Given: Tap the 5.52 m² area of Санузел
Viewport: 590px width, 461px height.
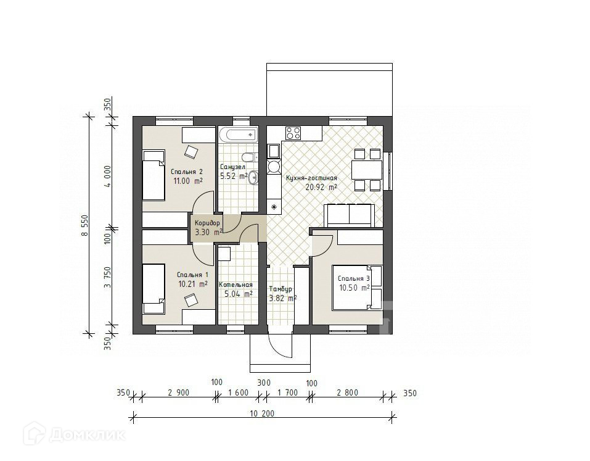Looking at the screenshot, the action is (234, 176).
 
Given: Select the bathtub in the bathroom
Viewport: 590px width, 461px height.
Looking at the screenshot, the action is (238, 135).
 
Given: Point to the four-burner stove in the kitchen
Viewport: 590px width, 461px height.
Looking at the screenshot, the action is (293, 133).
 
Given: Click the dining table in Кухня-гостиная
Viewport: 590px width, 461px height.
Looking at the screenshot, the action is (367, 170).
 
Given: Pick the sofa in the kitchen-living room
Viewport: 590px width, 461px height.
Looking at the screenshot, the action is (350, 215).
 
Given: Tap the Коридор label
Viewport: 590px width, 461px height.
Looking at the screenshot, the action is (207, 223).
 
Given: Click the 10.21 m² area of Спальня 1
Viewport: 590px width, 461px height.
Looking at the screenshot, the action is (192, 284).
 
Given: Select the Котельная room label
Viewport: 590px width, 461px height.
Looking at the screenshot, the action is (236, 284).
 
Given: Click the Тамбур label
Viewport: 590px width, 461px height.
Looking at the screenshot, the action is (281, 289).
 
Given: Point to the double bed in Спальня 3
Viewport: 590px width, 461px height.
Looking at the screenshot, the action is (357, 288).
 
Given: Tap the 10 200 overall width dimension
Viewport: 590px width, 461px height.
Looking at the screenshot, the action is (262, 413).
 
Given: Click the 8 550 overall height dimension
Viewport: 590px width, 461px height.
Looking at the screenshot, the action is (85, 226).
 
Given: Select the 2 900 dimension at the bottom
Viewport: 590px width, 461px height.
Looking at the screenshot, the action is (178, 393).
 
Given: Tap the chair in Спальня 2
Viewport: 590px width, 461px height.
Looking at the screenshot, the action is (191, 152).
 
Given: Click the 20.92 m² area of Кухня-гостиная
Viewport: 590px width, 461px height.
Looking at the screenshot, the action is (321, 187).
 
